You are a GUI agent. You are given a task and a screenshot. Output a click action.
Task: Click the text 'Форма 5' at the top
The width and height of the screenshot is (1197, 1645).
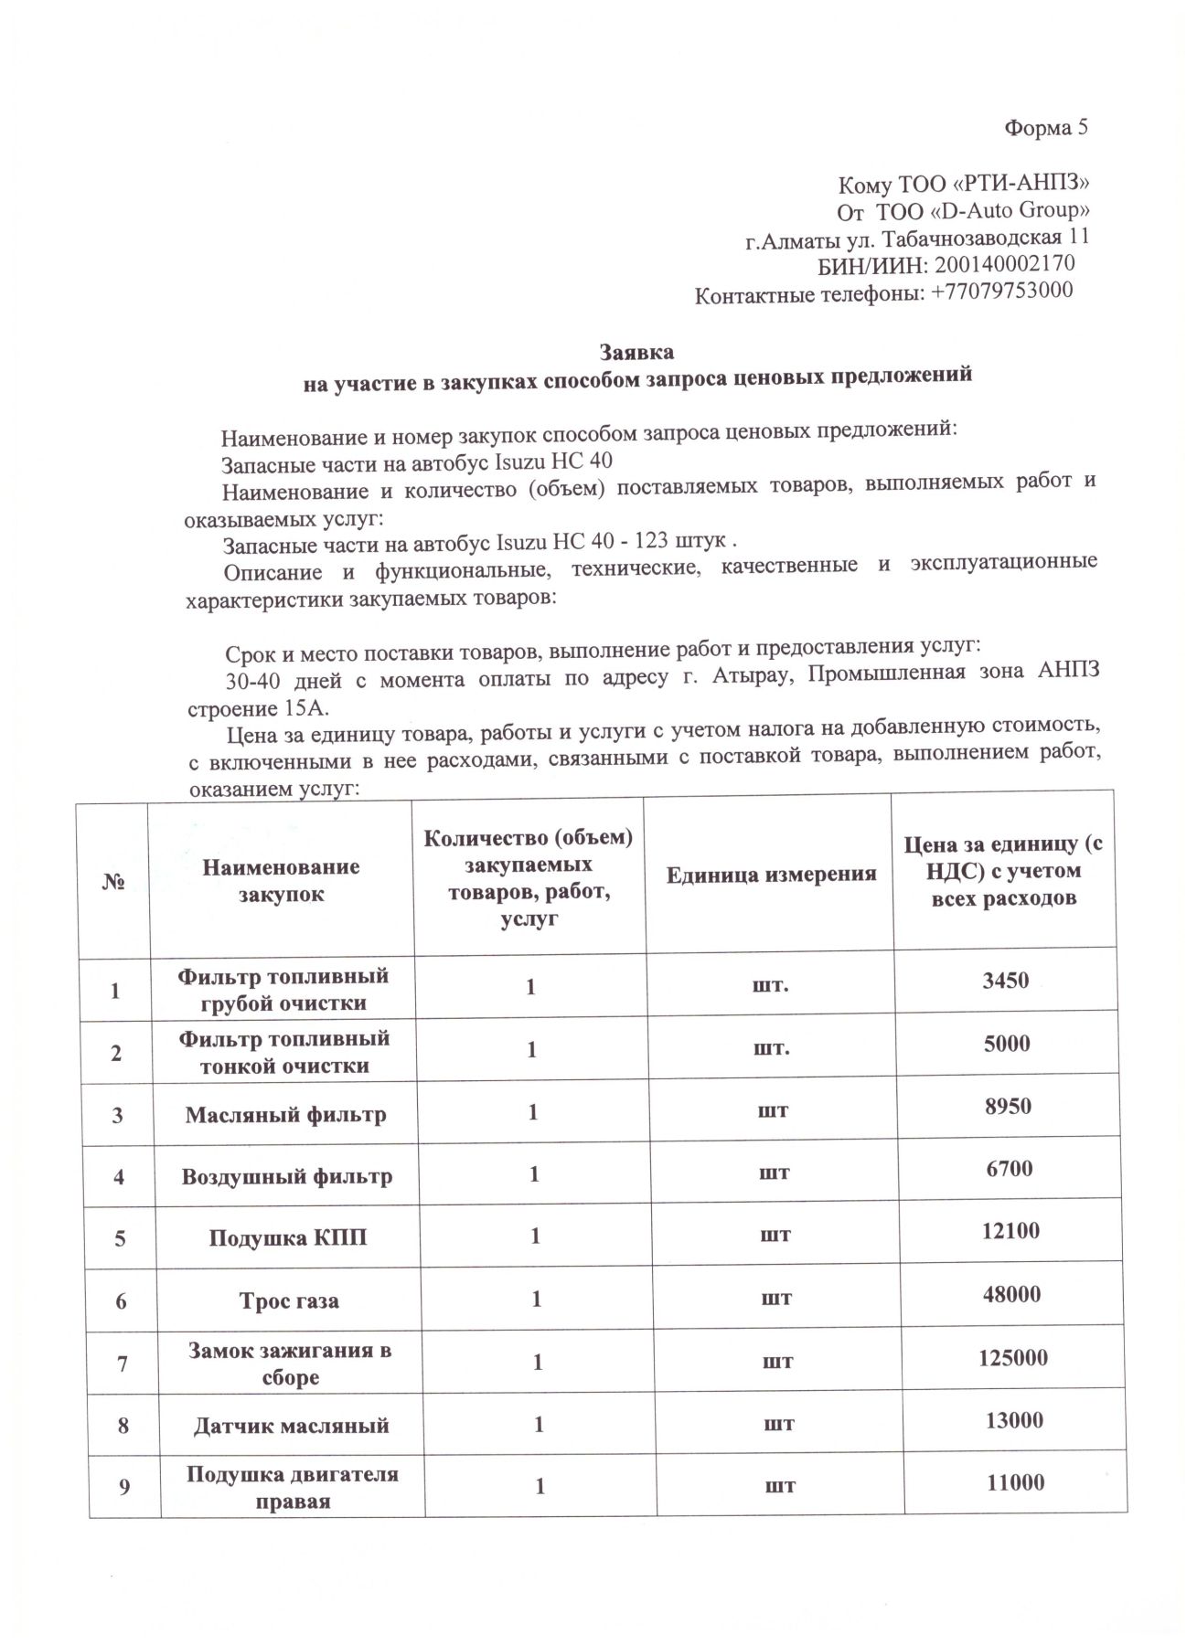click(x=1046, y=128)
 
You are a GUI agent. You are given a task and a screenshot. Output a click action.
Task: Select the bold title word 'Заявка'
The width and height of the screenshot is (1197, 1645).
click(x=636, y=352)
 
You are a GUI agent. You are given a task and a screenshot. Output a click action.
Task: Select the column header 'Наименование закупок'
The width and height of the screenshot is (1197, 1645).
click(x=281, y=880)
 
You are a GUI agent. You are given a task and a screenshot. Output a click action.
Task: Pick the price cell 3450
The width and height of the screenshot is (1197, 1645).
click(x=1006, y=982)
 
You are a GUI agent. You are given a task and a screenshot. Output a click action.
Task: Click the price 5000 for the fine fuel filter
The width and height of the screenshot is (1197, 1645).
click(x=1006, y=1045)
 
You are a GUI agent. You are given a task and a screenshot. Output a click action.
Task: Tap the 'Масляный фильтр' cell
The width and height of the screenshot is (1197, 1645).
click(x=285, y=1115)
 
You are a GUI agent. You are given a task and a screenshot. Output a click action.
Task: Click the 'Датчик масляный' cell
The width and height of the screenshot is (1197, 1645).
click(x=291, y=1426)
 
